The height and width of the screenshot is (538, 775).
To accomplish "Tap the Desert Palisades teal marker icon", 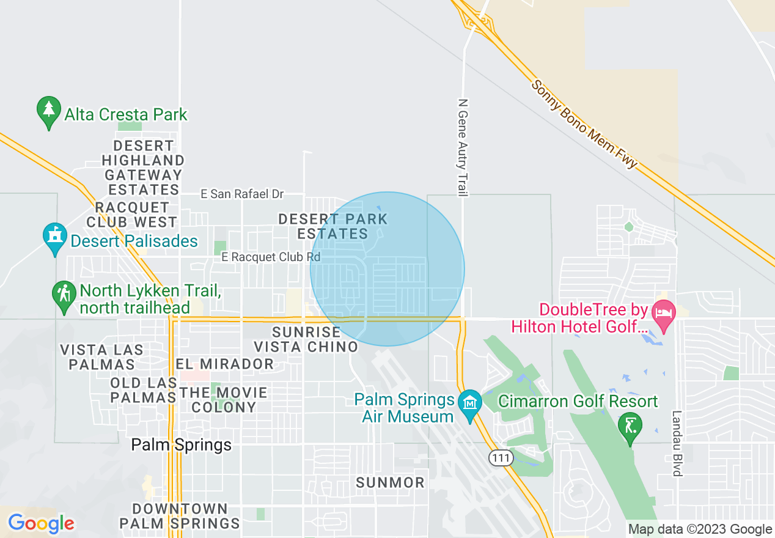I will (54, 238).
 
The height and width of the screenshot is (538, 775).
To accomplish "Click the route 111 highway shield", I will (501, 457).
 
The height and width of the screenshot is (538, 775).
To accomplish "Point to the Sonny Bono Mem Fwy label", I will (584, 124).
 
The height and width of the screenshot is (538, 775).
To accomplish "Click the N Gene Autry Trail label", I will (462, 147).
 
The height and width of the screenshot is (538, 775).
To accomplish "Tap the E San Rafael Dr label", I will (243, 194).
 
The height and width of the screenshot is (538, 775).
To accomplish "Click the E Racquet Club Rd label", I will (271, 257).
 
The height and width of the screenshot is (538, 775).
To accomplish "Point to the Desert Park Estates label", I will (333, 226).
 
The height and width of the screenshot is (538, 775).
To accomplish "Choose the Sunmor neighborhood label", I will (390, 482).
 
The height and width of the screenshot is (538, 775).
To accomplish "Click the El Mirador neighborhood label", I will (225, 364).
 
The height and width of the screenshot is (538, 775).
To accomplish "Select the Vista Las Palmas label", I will (102, 357).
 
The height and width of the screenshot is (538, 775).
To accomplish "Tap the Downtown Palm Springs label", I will (180, 516).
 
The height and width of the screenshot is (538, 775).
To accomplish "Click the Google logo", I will (41, 523).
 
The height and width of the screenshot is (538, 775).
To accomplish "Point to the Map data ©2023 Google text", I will (700, 529).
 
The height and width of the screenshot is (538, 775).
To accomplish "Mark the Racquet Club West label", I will (131, 215).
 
